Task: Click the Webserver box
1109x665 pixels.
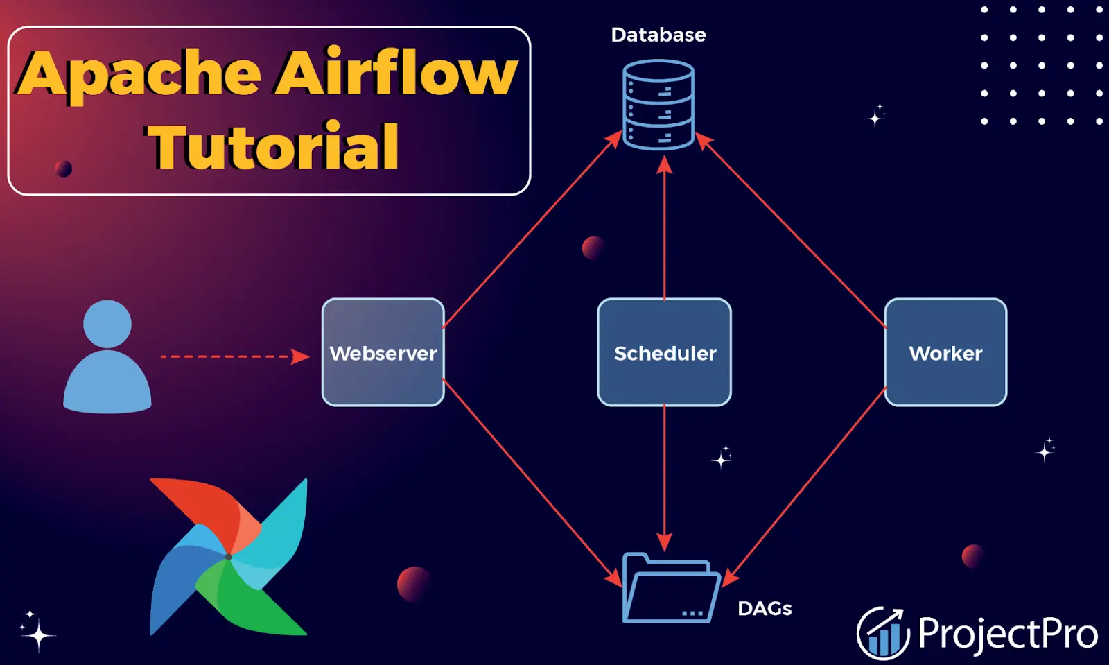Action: [383, 352]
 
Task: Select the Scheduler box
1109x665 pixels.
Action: [664, 352]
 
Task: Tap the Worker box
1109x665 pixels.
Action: [945, 352]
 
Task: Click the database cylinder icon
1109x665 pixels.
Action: [658, 104]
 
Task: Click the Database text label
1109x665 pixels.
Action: [658, 35]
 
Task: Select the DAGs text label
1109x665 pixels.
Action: [765, 608]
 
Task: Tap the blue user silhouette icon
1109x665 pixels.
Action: [107, 357]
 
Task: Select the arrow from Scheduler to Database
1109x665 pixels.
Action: [665, 229]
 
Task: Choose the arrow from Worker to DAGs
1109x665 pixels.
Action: [804, 485]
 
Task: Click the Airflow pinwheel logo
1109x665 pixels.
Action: [229, 556]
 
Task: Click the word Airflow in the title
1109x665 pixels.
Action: [396, 73]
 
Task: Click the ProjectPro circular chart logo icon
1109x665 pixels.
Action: [882, 632]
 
